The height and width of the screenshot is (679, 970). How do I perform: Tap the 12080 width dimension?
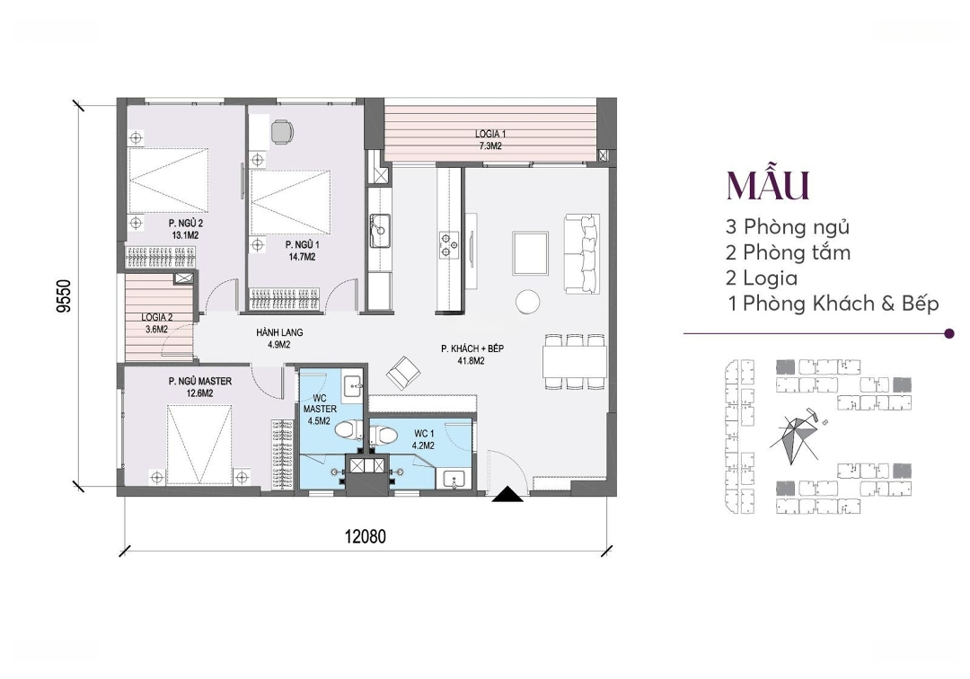365,535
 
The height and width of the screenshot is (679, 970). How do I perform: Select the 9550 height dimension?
64,296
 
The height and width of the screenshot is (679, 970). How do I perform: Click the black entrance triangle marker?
507,493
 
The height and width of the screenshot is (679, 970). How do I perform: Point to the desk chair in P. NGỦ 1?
282,131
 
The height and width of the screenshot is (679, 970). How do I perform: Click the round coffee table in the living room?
528,301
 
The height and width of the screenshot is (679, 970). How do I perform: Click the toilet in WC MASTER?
351,428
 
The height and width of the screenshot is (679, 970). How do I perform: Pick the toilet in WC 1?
384,434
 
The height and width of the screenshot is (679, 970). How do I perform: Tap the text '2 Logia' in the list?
762,278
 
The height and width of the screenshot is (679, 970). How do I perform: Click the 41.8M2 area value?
472,361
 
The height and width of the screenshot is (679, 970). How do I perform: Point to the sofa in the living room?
581,253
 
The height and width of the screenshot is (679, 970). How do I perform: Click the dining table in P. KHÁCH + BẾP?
575,361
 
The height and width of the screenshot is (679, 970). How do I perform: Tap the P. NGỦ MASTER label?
199,381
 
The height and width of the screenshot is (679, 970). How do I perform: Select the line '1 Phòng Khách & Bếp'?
833,304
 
